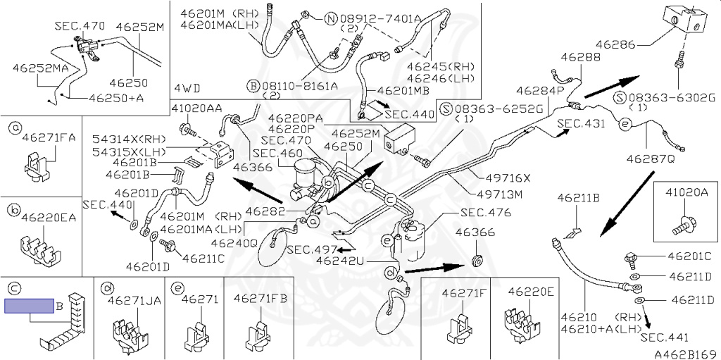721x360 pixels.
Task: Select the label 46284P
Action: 540,91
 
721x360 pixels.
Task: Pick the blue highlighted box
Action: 29,306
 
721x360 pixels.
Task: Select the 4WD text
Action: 186,88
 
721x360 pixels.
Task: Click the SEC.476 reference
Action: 485,212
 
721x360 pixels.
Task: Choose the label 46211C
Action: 203,258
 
